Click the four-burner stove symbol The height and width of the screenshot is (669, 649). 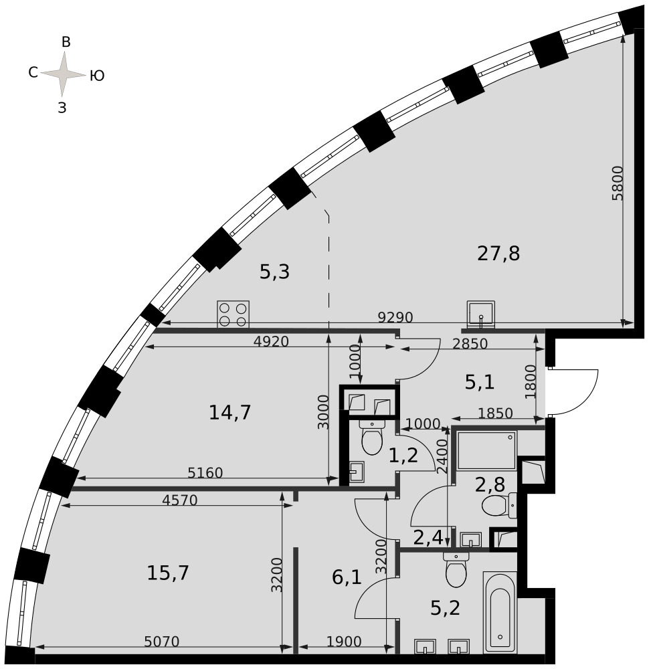click(233, 314)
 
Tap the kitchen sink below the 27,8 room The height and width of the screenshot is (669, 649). click(481, 314)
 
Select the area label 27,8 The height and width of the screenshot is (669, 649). click(498, 254)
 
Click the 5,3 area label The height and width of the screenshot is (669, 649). click(275, 272)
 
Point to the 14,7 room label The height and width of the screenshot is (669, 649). click(229, 413)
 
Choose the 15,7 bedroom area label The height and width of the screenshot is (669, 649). click(168, 573)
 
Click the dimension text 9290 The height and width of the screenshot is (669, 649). click(395, 317)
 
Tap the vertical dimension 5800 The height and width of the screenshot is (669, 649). click(618, 183)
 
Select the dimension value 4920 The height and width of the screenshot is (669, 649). click(272, 341)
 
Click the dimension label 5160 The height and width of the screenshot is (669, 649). click(205, 473)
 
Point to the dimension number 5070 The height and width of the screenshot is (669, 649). click(162, 642)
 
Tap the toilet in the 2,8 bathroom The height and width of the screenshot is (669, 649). click(499, 505)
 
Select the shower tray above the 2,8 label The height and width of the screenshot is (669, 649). click(486, 450)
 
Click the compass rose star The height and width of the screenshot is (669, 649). click(63, 74)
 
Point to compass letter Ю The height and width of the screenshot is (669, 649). click(97, 76)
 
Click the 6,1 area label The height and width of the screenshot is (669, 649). click(347, 578)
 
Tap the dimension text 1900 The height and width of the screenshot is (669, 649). click(344, 642)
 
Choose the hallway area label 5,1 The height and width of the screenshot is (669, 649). click(480, 382)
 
